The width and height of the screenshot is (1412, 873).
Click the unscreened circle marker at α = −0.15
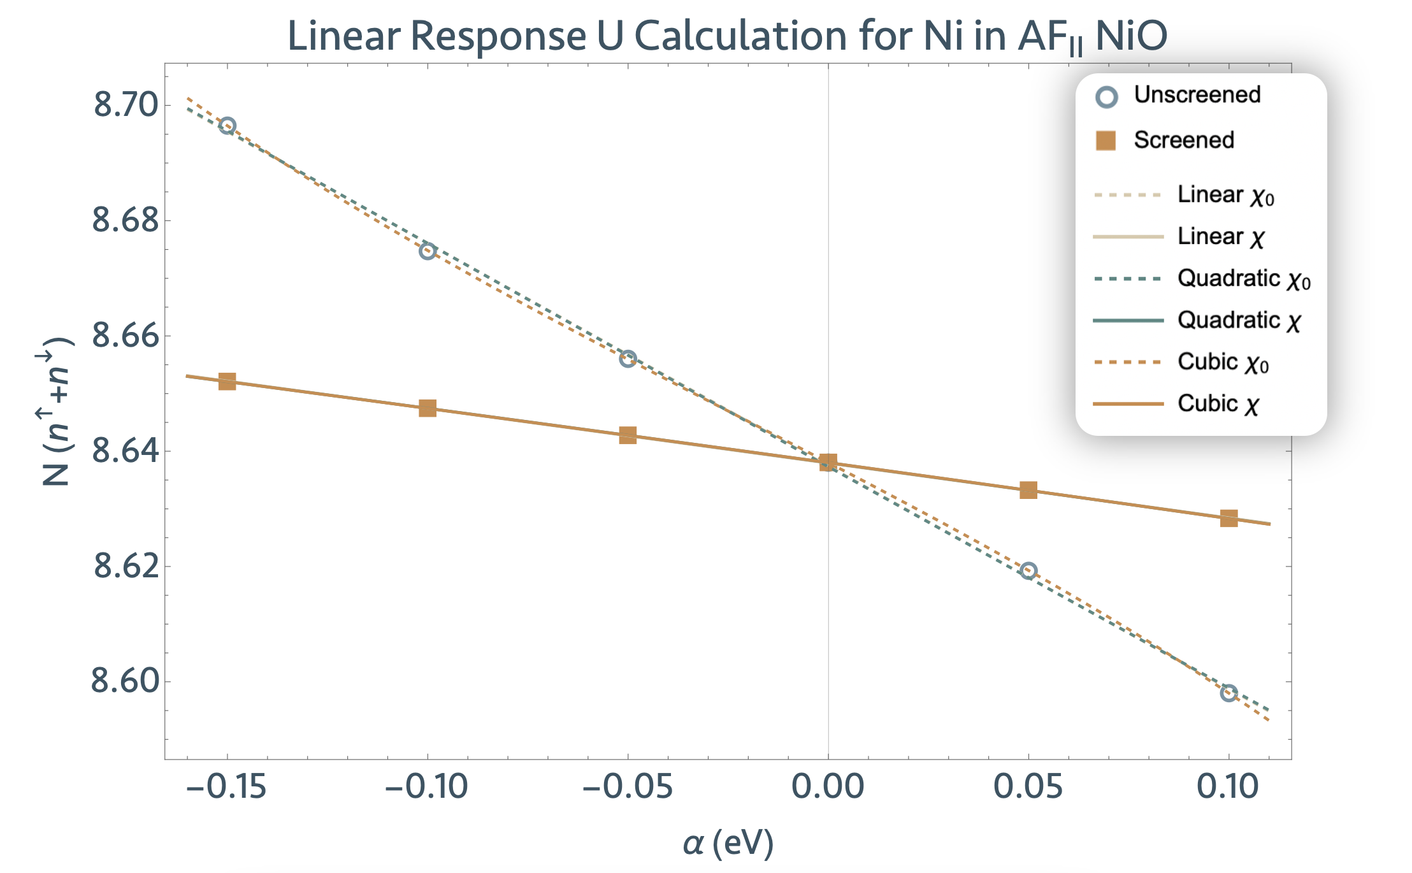(227, 126)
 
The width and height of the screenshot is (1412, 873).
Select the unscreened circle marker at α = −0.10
(428, 251)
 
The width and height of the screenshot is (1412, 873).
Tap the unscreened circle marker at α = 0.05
(1028, 571)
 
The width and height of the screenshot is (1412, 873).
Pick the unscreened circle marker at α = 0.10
(1228, 693)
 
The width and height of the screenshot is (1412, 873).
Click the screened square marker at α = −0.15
(227, 382)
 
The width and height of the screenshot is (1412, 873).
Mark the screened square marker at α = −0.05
(628, 436)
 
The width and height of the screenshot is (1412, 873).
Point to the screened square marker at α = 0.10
(1228, 518)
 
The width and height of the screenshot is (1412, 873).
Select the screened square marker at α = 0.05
(1028, 490)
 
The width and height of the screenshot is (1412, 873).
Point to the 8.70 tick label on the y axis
(126, 105)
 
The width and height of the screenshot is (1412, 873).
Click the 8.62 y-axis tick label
(126, 566)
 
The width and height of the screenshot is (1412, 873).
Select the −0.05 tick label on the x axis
(627, 786)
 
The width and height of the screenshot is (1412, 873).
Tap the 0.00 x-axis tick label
(828, 786)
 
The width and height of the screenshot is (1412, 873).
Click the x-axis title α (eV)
(728, 843)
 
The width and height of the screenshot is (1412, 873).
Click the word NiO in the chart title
(1131, 36)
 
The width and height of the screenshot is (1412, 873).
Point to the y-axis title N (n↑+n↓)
(56, 411)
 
